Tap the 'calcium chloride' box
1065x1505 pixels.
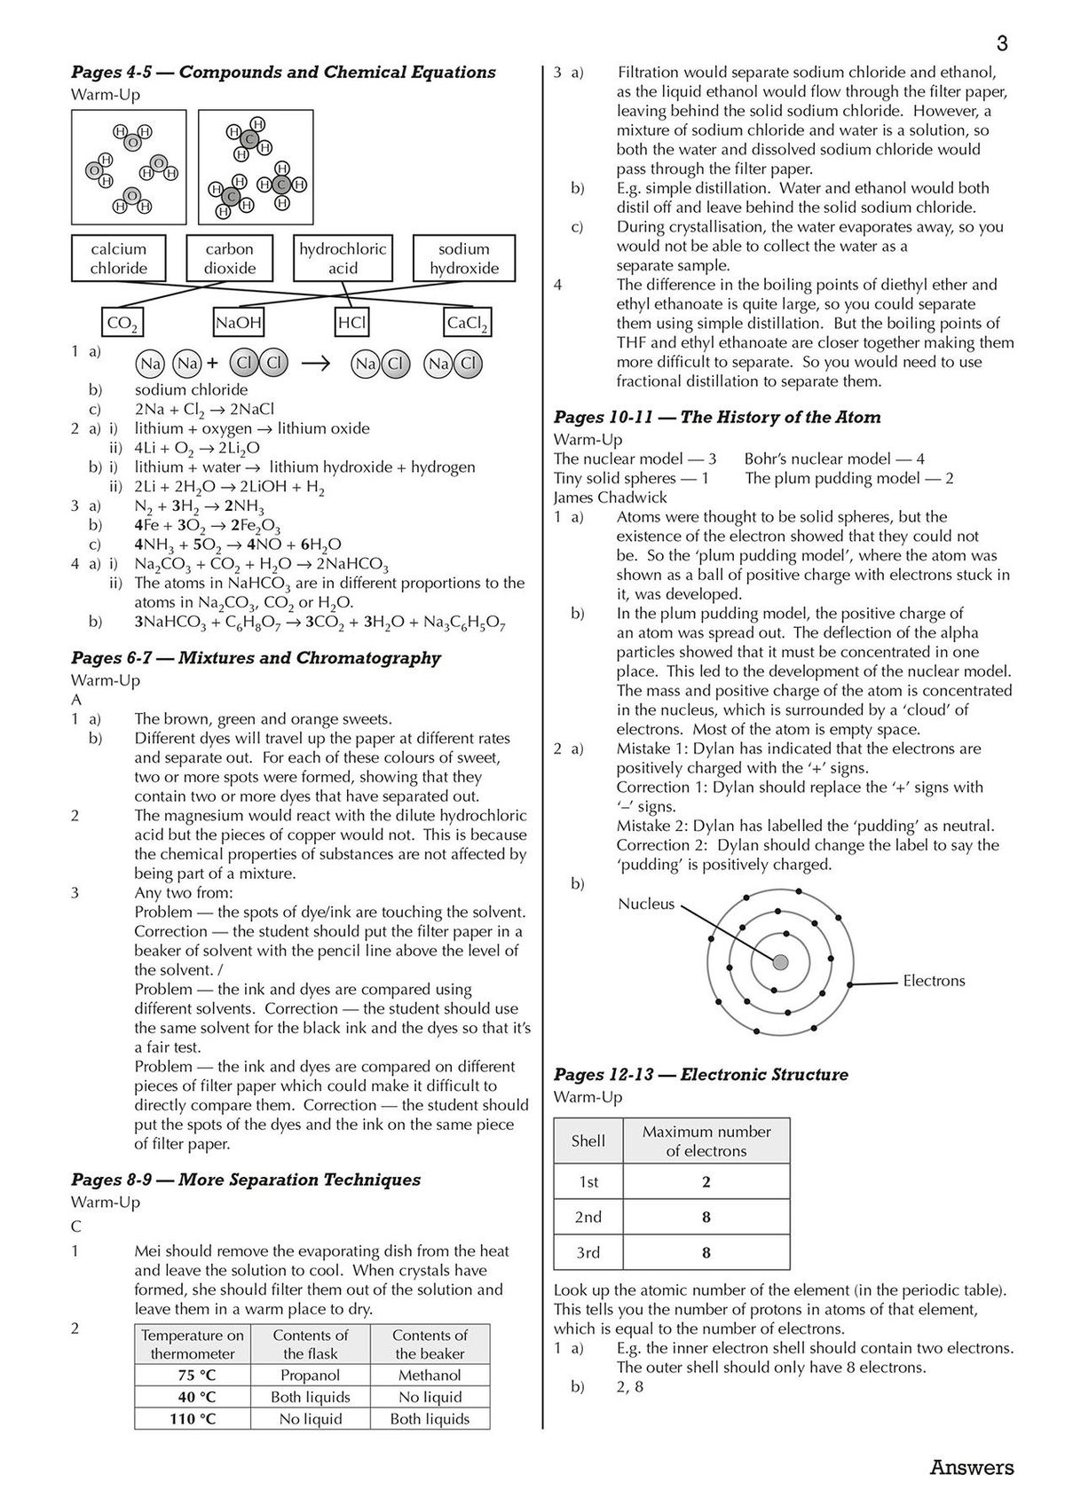coord(118,259)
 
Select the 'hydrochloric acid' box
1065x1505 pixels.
coord(343,259)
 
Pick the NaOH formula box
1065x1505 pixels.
coord(239,323)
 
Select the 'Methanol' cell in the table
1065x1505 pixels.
coord(430,1376)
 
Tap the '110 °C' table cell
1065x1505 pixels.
coord(193,1419)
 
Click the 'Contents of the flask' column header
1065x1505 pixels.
coord(310,1344)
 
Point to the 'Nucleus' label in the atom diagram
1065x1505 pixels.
coord(646,904)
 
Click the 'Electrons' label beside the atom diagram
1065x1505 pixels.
coord(933,981)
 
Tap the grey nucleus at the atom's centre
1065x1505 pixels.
coord(780,962)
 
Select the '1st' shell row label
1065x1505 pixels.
coord(588,1181)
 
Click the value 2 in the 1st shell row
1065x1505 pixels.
coord(706,1181)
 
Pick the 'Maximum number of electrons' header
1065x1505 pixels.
coord(706,1141)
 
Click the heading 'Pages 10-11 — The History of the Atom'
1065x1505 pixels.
coord(717,418)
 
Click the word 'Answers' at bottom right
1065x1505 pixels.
coord(971,1468)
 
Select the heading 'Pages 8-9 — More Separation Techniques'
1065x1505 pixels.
coord(245,1180)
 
